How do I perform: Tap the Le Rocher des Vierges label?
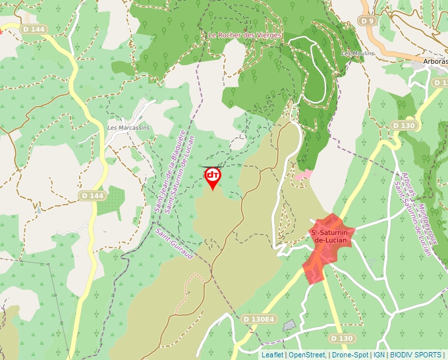click(x=244, y=35)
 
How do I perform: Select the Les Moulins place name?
click(x=358, y=53)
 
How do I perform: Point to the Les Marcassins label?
click(x=128, y=127)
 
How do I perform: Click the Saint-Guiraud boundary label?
click(x=174, y=243)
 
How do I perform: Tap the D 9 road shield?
click(x=367, y=21)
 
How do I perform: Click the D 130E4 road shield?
click(x=259, y=319)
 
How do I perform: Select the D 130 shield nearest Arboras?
click(x=404, y=125)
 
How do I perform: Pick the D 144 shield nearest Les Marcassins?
click(x=92, y=195)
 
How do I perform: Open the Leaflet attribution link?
click(x=272, y=355)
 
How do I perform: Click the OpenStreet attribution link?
click(x=307, y=355)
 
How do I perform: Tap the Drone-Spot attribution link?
click(x=349, y=355)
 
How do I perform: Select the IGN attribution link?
click(x=379, y=355)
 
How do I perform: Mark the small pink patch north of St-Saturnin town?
click(x=303, y=176)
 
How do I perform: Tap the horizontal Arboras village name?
click(x=435, y=61)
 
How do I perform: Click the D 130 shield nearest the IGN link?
click(x=342, y=338)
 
